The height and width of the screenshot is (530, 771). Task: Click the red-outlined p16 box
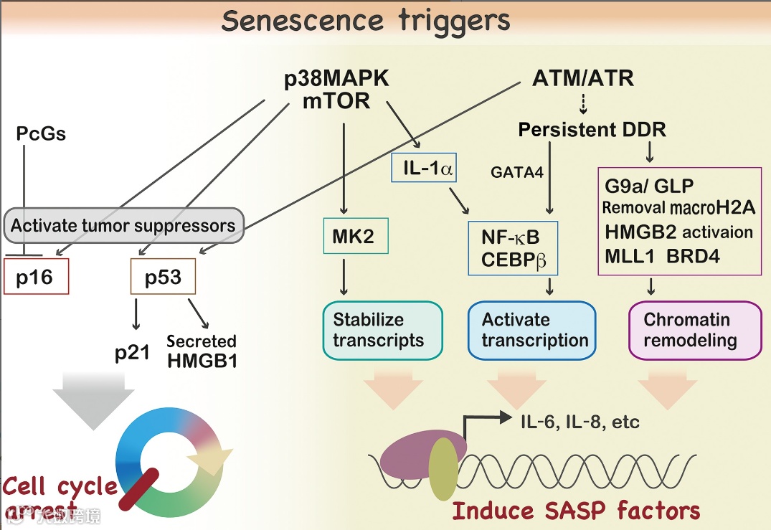coord(36,277)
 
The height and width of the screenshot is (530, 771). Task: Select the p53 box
coord(163,277)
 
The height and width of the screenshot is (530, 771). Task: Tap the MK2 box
coord(355,236)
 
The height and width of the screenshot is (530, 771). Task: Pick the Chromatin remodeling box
coord(694,330)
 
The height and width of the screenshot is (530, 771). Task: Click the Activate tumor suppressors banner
coord(123,226)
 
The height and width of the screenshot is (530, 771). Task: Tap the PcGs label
coord(41,133)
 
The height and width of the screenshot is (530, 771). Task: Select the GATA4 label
coord(516,172)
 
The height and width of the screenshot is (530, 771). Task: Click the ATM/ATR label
coord(583,77)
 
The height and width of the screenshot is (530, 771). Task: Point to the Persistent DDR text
coord(592,130)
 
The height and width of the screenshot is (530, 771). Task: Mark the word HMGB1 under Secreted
coord(202,360)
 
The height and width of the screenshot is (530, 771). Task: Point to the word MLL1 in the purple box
coord(629,255)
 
